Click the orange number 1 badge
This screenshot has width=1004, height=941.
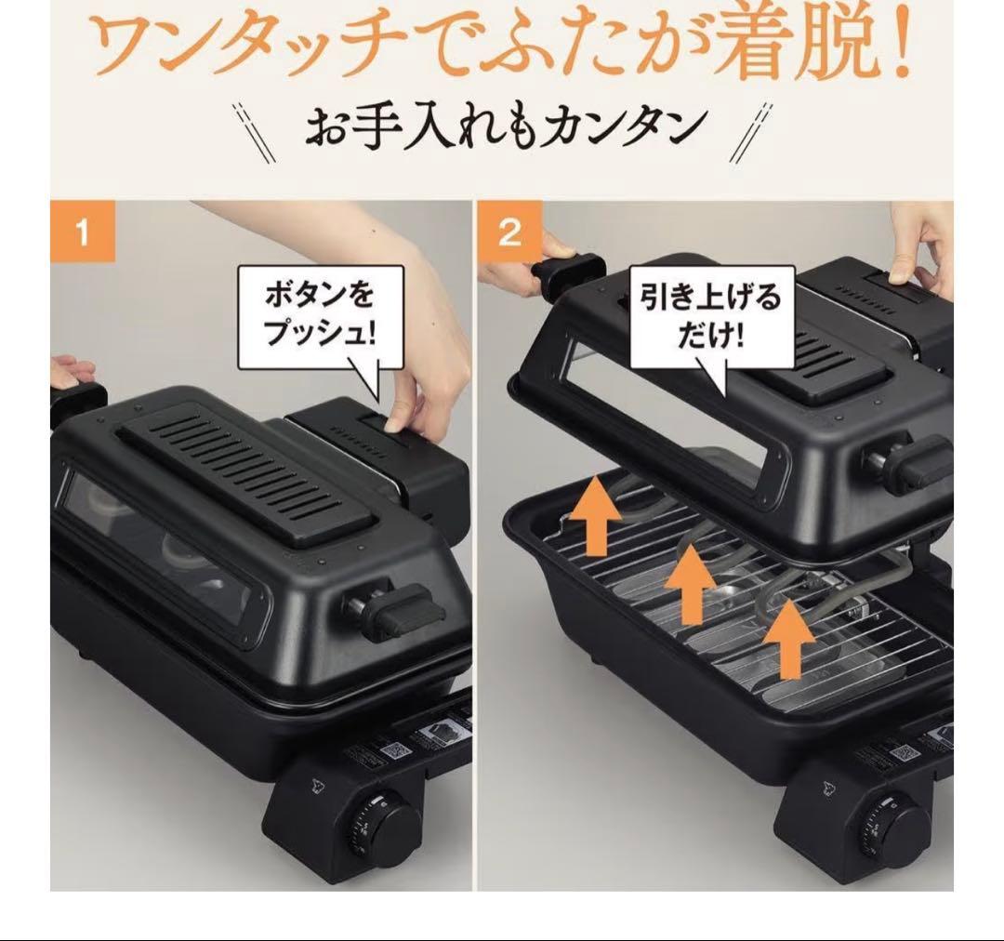pyautogui.click(x=83, y=232)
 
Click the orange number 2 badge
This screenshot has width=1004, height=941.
pyautogui.click(x=509, y=232)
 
